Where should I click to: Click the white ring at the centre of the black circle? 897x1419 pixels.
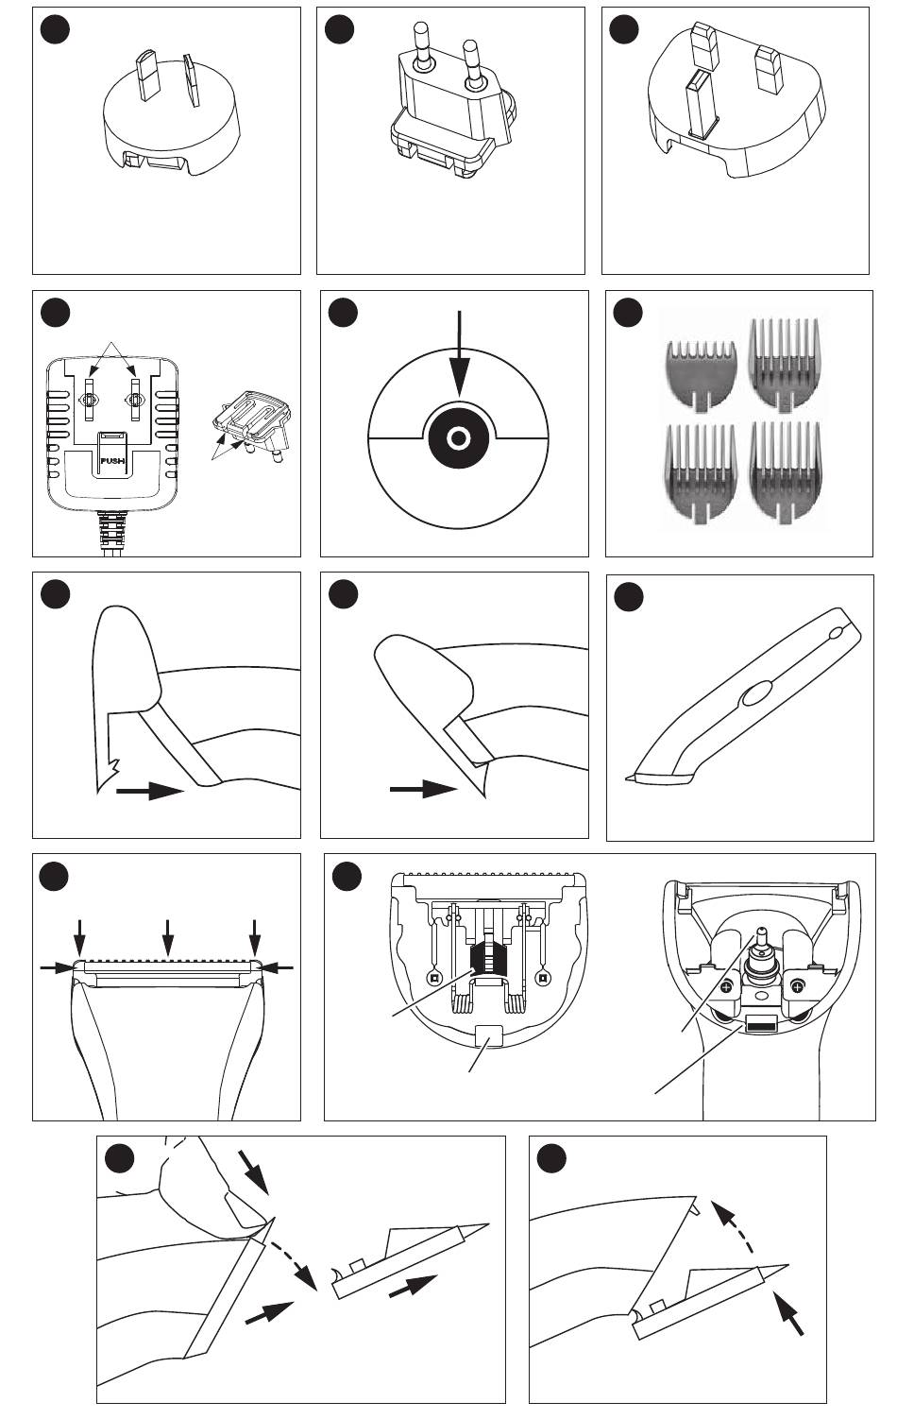(x=458, y=438)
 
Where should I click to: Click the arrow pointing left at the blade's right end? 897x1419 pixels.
(x=278, y=966)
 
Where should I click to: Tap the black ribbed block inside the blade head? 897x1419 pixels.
(x=487, y=956)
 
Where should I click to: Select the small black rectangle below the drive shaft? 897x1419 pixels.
(x=761, y=1025)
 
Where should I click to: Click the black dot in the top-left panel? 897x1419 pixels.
(x=55, y=31)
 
